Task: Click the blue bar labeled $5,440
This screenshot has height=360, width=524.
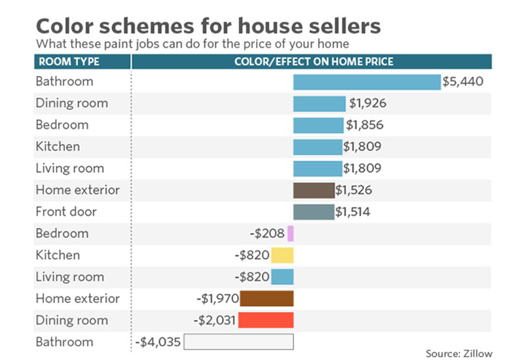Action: click(x=367, y=82)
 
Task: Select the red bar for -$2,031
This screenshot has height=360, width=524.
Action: click(x=266, y=320)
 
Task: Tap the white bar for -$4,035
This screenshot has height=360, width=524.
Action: click(x=239, y=342)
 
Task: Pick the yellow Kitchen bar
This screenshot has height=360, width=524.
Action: click(x=282, y=255)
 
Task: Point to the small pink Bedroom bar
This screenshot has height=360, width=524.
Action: click(x=291, y=234)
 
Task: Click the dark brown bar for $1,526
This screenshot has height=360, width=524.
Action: click(x=314, y=190)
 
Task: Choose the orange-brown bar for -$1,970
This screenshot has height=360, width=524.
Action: click(x=267, y=298)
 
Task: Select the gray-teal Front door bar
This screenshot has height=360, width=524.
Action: click(x=313, y=212)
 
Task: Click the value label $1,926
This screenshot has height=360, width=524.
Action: click(x=367, y=103)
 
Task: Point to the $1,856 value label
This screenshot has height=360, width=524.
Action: click(x=365, y=125)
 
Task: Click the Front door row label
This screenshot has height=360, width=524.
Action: click(x=66, y=211)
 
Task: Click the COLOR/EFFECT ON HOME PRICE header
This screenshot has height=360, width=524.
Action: click(x=313, y=62)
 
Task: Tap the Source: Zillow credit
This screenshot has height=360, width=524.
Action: click(x=458, y=353)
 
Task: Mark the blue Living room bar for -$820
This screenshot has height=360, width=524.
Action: click(x=282, y=277)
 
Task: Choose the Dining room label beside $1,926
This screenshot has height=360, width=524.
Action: click(x=71, y=103)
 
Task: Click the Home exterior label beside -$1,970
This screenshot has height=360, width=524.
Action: click(x=77, y=298)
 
